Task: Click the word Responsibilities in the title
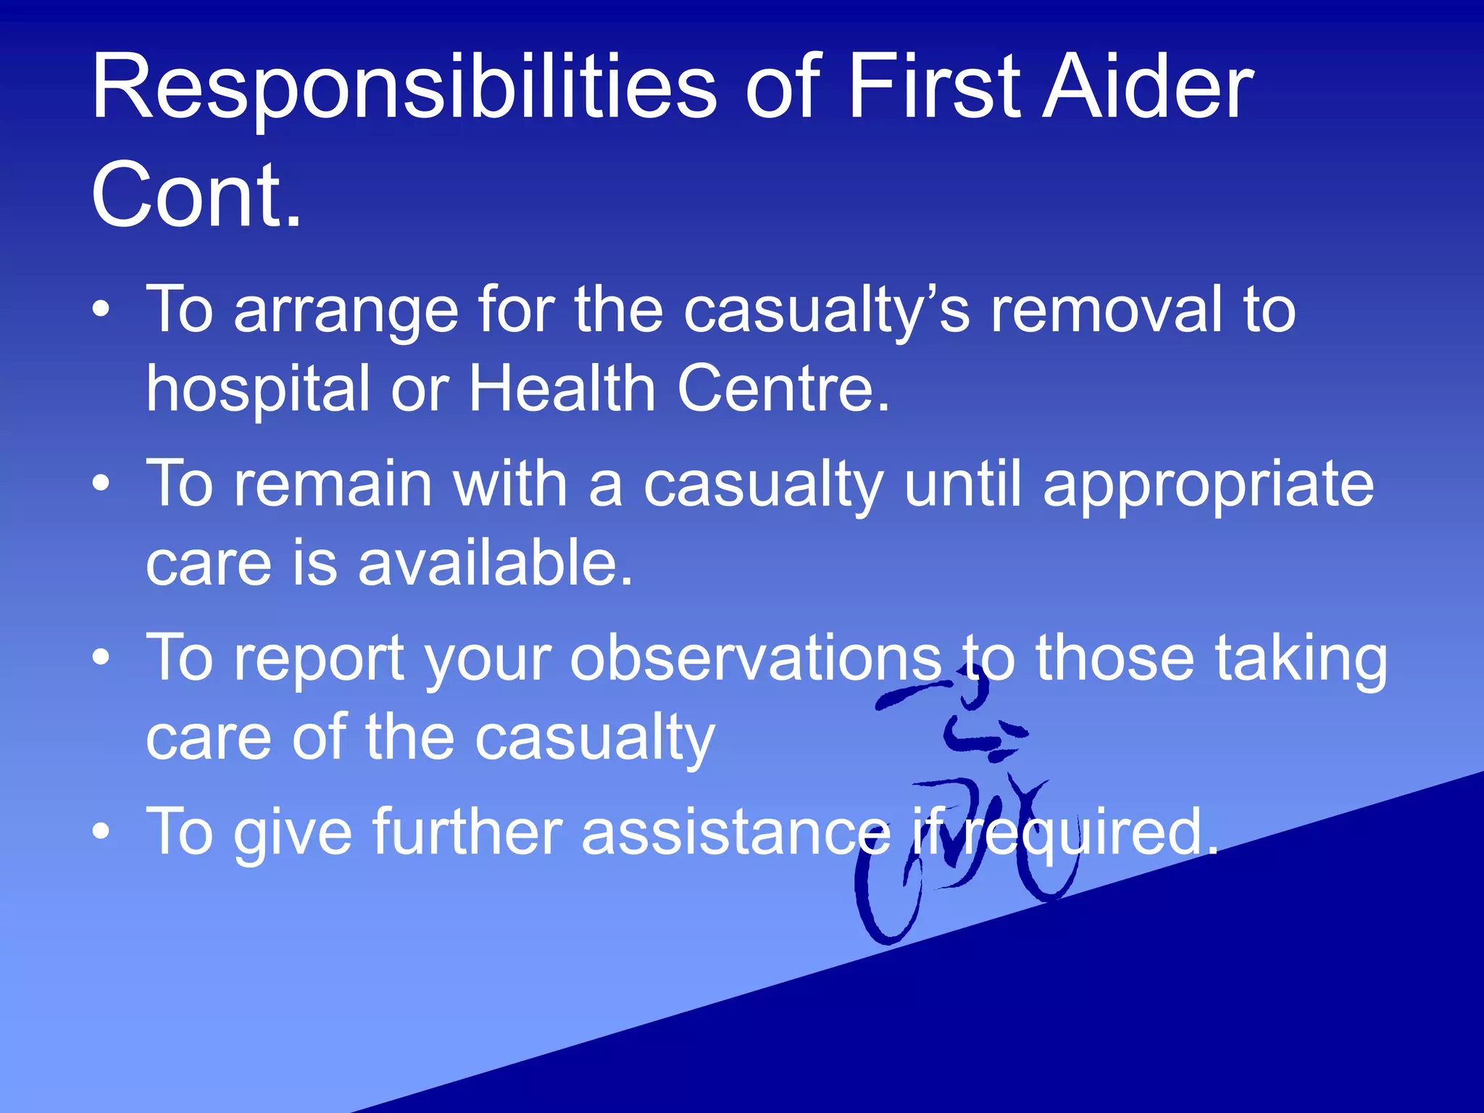point(403,88)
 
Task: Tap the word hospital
point(258,390)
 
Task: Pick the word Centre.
point(783,388)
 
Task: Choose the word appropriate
point(1208,485)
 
